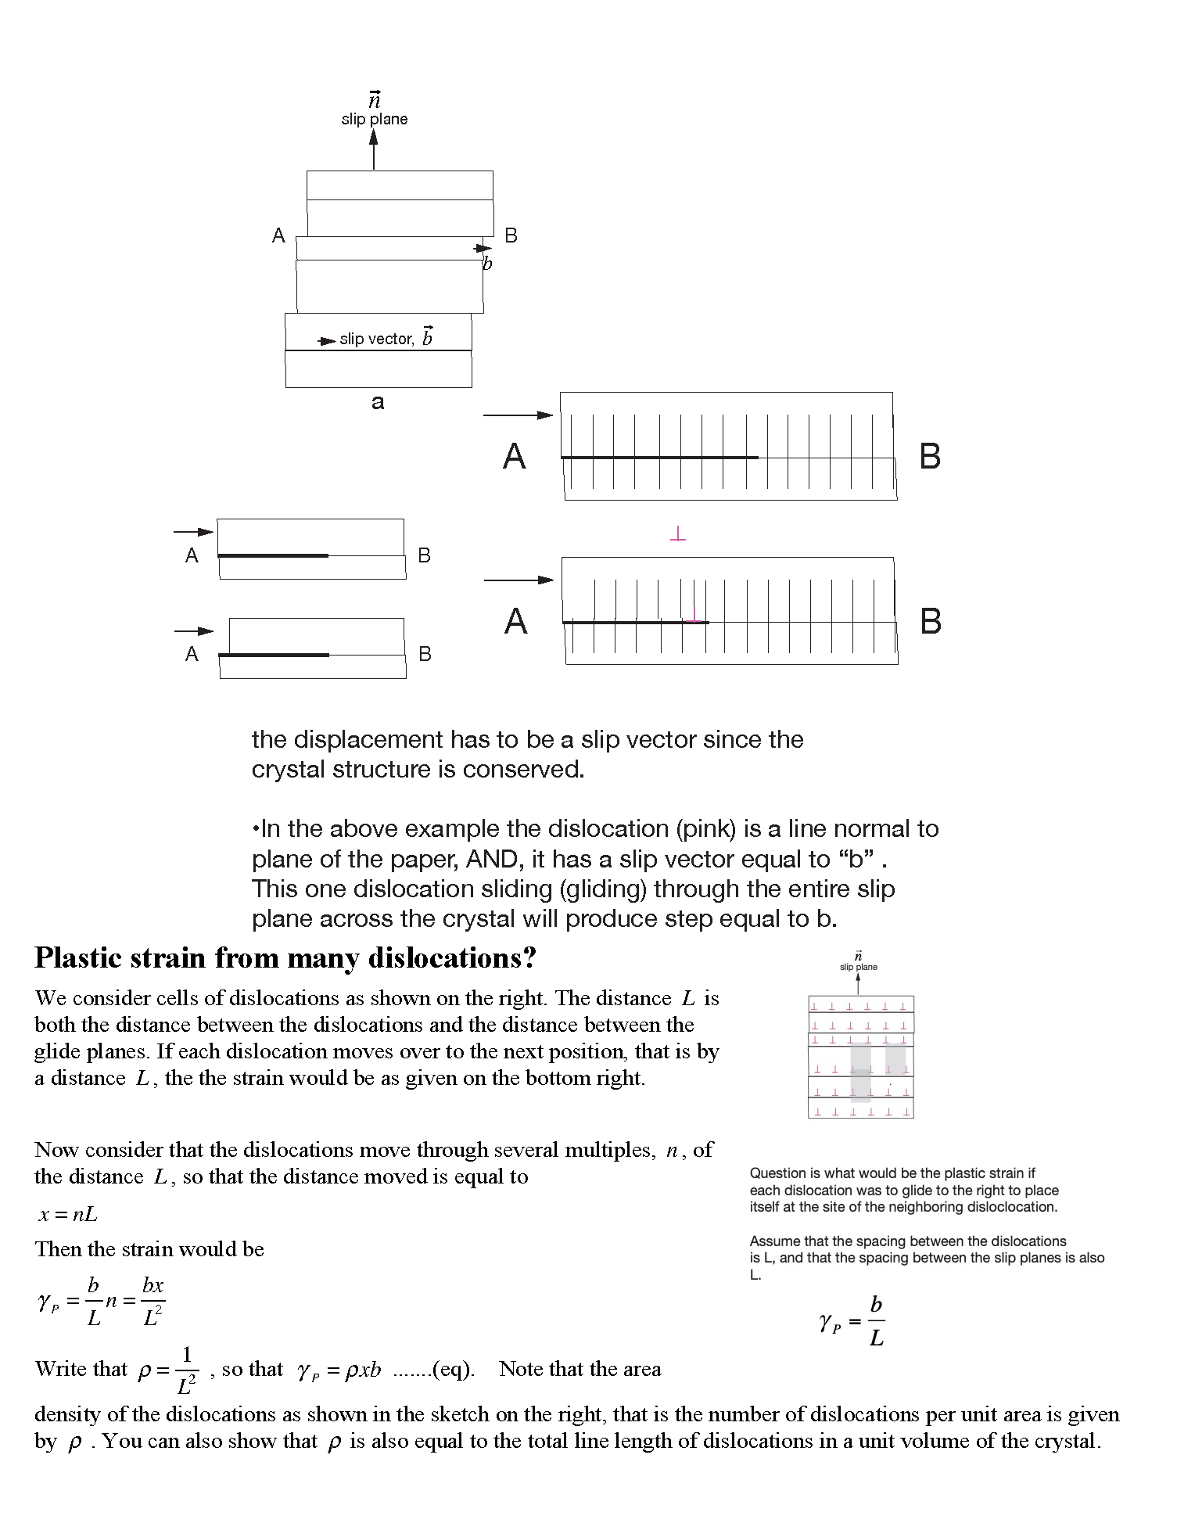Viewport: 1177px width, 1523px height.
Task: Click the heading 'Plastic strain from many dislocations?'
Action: point(285,958)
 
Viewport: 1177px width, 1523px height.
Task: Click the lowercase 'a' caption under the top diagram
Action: point(378,402)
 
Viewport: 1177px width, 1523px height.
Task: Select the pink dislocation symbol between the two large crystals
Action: point(678,535)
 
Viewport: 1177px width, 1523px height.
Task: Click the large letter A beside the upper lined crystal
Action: point(514,456)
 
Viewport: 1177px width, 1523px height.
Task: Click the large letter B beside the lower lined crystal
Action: point(931,621)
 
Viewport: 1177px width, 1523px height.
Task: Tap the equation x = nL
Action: point(68,1215)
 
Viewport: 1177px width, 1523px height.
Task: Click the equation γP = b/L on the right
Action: point(852,1322)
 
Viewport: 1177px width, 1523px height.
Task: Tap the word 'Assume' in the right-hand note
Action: point(773,1241)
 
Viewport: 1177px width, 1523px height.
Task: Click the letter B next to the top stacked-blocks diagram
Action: point(511,235)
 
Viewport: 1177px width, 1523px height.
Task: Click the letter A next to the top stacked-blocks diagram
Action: point(278,235)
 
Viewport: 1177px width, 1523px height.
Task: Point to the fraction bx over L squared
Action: point(153,1302)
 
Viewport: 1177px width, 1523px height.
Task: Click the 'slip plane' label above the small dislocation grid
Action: point(859,967)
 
